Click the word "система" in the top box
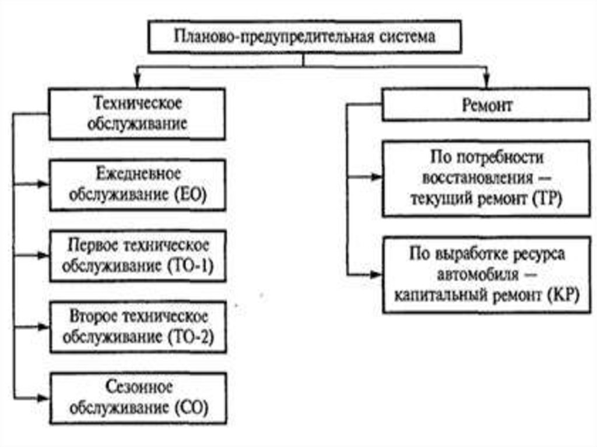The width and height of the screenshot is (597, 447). [405, 36]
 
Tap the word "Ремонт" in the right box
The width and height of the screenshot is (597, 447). [486, 106]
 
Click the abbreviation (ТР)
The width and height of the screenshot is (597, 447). [546, 198]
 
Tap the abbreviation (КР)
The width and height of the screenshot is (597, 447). [561, 295]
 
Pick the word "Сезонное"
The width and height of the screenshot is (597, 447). [139, 387]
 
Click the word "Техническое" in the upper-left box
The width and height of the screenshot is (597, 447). [138, 104]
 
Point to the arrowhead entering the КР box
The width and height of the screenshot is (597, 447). [377, 274]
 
